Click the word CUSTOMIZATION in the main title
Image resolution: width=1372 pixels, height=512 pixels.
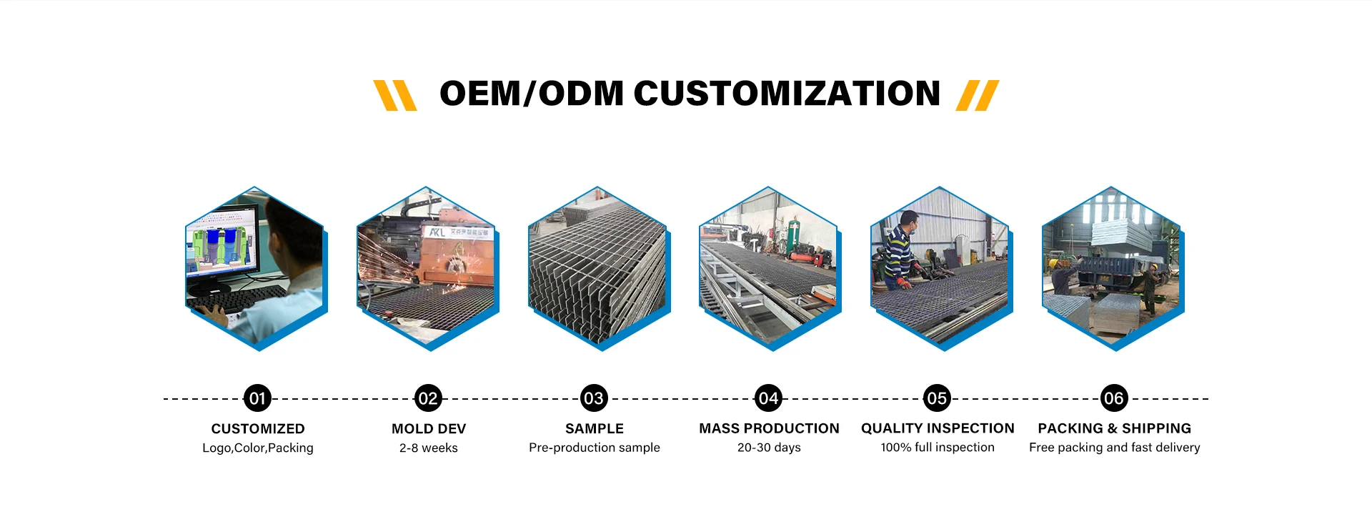point(787,94)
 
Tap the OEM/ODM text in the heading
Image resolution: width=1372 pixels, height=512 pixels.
point(532,94)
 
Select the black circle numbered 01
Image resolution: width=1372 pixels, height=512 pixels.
point(257,398)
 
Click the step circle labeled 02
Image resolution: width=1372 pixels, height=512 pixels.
point(428,398)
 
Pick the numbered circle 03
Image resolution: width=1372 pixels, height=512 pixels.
point(594,398)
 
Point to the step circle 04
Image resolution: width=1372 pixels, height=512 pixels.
point(768,398)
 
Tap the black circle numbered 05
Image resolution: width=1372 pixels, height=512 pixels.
point(937,398)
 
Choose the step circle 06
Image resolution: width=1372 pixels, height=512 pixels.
point(1114,398)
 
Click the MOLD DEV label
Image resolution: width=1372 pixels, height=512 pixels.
point(429,428)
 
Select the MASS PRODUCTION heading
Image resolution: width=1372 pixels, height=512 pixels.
point(769,428)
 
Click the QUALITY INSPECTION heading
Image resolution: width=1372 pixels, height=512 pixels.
point(938,428)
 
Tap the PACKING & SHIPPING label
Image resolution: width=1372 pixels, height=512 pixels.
point(1115,428)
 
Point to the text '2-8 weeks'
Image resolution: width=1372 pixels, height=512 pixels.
point(429,448)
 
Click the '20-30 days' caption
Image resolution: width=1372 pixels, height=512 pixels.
point(769,448)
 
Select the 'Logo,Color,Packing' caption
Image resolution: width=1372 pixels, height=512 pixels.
point(258,448)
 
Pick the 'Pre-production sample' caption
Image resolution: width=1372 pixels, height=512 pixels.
point(595,448)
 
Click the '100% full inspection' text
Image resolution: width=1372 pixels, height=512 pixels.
point(938,448)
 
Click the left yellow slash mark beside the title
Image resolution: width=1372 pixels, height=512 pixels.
point(395,95)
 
